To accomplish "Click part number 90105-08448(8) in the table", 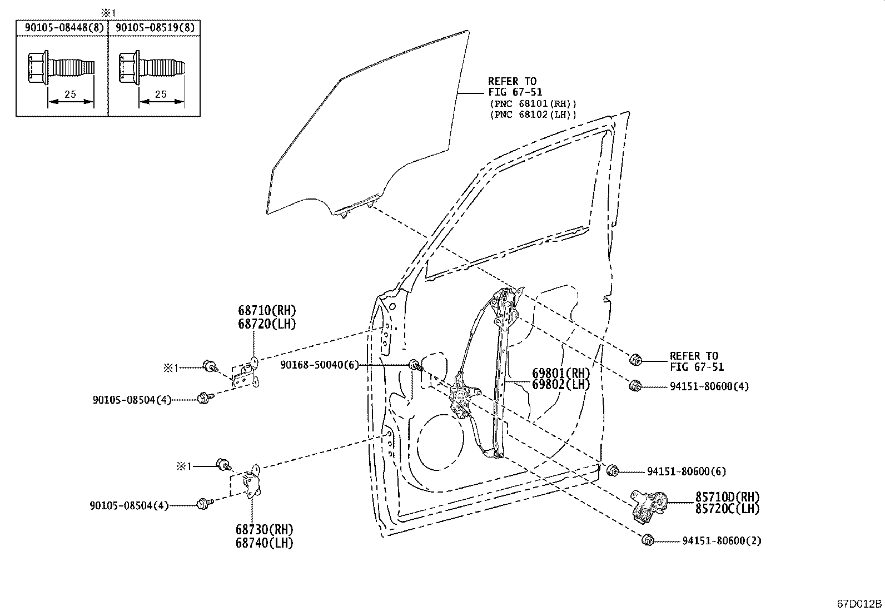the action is (64, 28).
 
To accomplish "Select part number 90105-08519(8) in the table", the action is (155, 28).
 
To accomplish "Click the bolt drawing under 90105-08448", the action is (61, 67).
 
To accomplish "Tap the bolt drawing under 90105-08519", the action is (152, 67).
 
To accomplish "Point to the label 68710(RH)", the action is (267, 310).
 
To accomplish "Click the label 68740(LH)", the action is (264, 543).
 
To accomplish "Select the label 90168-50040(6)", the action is (320, 365).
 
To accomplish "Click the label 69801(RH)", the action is (561, 373).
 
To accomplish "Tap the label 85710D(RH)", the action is (727, 497).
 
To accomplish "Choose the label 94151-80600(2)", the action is (722, 540).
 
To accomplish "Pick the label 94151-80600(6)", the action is (687, 471).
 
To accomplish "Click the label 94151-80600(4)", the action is (709, 386).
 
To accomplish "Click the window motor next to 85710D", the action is (649, 506).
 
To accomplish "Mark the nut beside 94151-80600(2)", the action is (648, 540).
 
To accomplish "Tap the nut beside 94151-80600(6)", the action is (612, 470).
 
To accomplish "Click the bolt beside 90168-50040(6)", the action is (416, 365).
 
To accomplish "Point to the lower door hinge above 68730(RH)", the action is (252, 481).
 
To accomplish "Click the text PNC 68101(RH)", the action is (533, 104).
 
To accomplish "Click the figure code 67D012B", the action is (859, 603).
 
